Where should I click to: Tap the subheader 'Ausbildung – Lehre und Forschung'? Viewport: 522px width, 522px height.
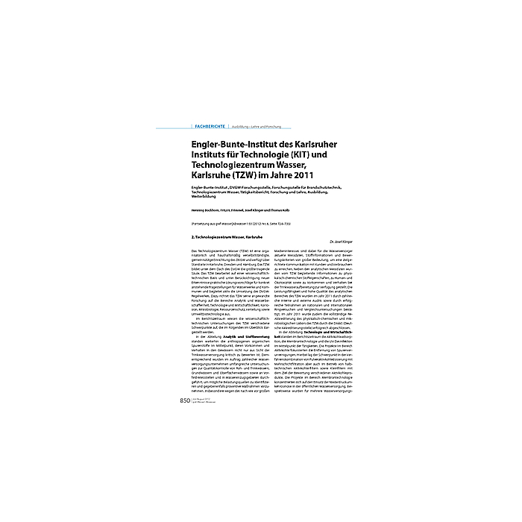(259, 128)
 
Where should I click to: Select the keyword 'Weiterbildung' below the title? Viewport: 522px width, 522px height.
(207, 200)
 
